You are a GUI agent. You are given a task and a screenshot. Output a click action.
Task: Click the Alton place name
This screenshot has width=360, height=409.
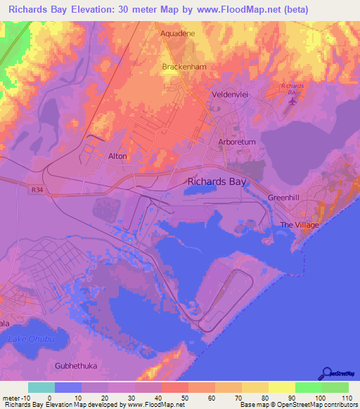(117, 156)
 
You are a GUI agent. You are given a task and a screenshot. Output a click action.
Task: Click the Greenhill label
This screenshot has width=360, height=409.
(284, 198)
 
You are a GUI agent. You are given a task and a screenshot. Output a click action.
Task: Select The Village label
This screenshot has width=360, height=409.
(300, 225)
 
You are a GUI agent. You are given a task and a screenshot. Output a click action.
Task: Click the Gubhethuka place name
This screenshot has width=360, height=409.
(74, 366)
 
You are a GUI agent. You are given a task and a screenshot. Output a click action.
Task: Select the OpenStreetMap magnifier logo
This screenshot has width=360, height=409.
(326, 373)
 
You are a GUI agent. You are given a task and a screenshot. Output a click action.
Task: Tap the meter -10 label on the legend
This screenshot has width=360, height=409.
(15, 397)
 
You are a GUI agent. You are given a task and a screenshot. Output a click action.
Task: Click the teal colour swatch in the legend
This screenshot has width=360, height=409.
(41, 387)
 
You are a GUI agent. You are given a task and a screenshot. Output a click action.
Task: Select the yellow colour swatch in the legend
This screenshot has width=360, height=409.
(281, 387)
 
